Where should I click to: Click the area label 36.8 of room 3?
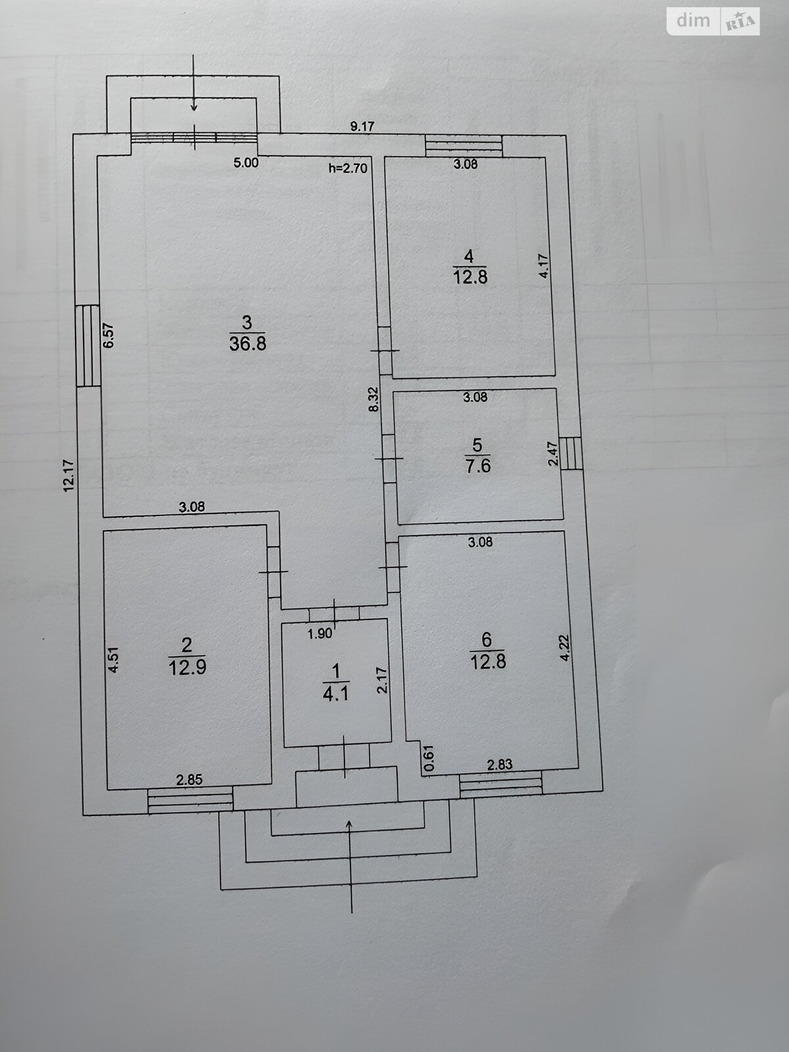tap(247, 344)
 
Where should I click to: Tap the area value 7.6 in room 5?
tap(477, 466)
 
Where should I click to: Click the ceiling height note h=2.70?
tap(348, 168)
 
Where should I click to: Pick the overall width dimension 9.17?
tap(362, 127)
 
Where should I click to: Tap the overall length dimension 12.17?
tap(69, 475)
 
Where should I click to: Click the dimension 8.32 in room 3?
tap(373, 399)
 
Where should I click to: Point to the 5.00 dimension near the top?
tap(246, 163)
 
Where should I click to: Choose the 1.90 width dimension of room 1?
tap(320, 634)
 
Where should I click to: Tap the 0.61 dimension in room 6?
tap(428, 757)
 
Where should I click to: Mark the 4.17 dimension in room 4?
tap(543, 266)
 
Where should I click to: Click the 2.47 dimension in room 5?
tap(554, 454)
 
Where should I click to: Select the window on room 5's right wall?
tap(571, 453)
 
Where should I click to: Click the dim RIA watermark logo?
tap(713, 22)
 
